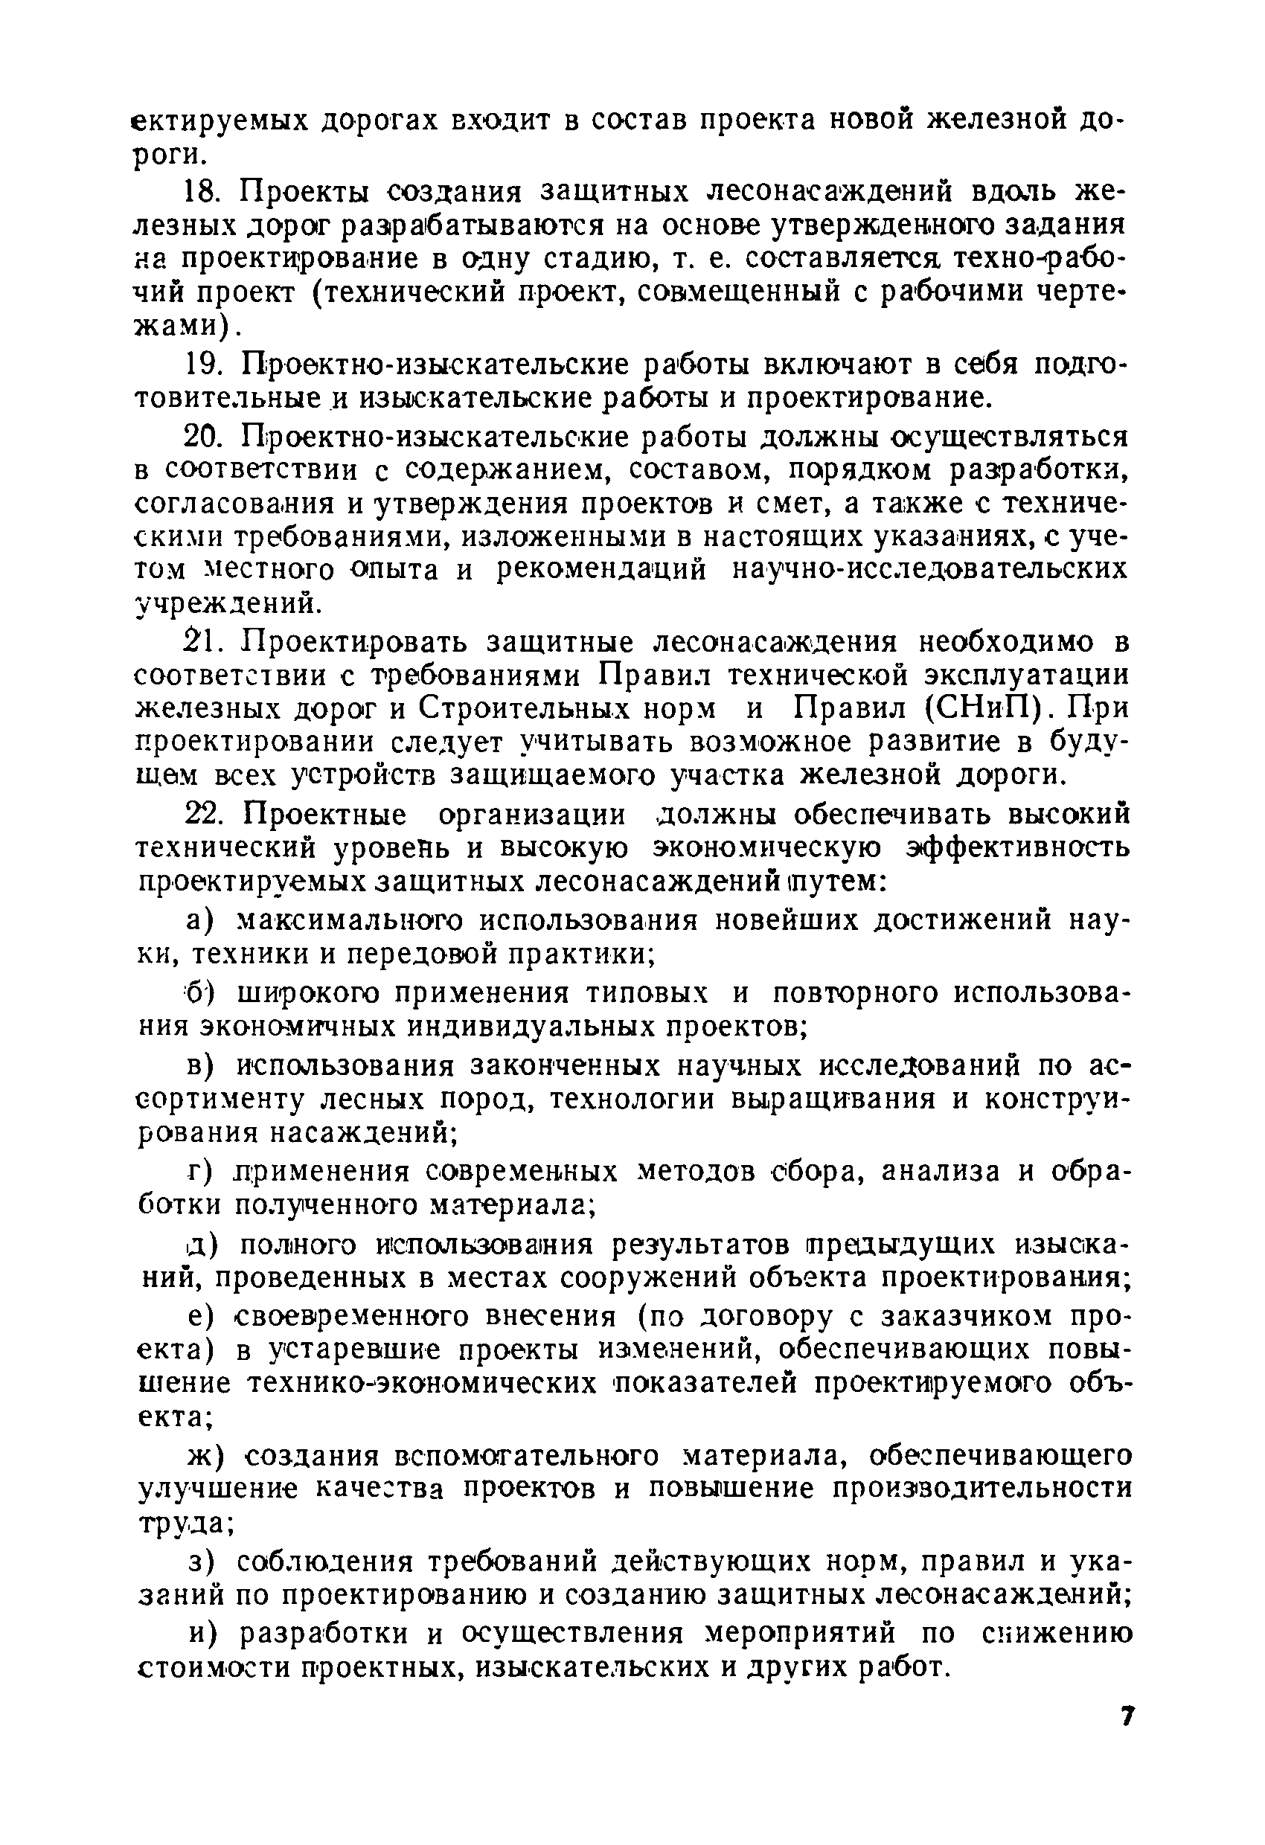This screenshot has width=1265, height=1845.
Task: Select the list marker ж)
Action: pyautogui.click(x=205, y=1456)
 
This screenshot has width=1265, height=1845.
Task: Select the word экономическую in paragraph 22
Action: pyautogui.click(x=766, y=849)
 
